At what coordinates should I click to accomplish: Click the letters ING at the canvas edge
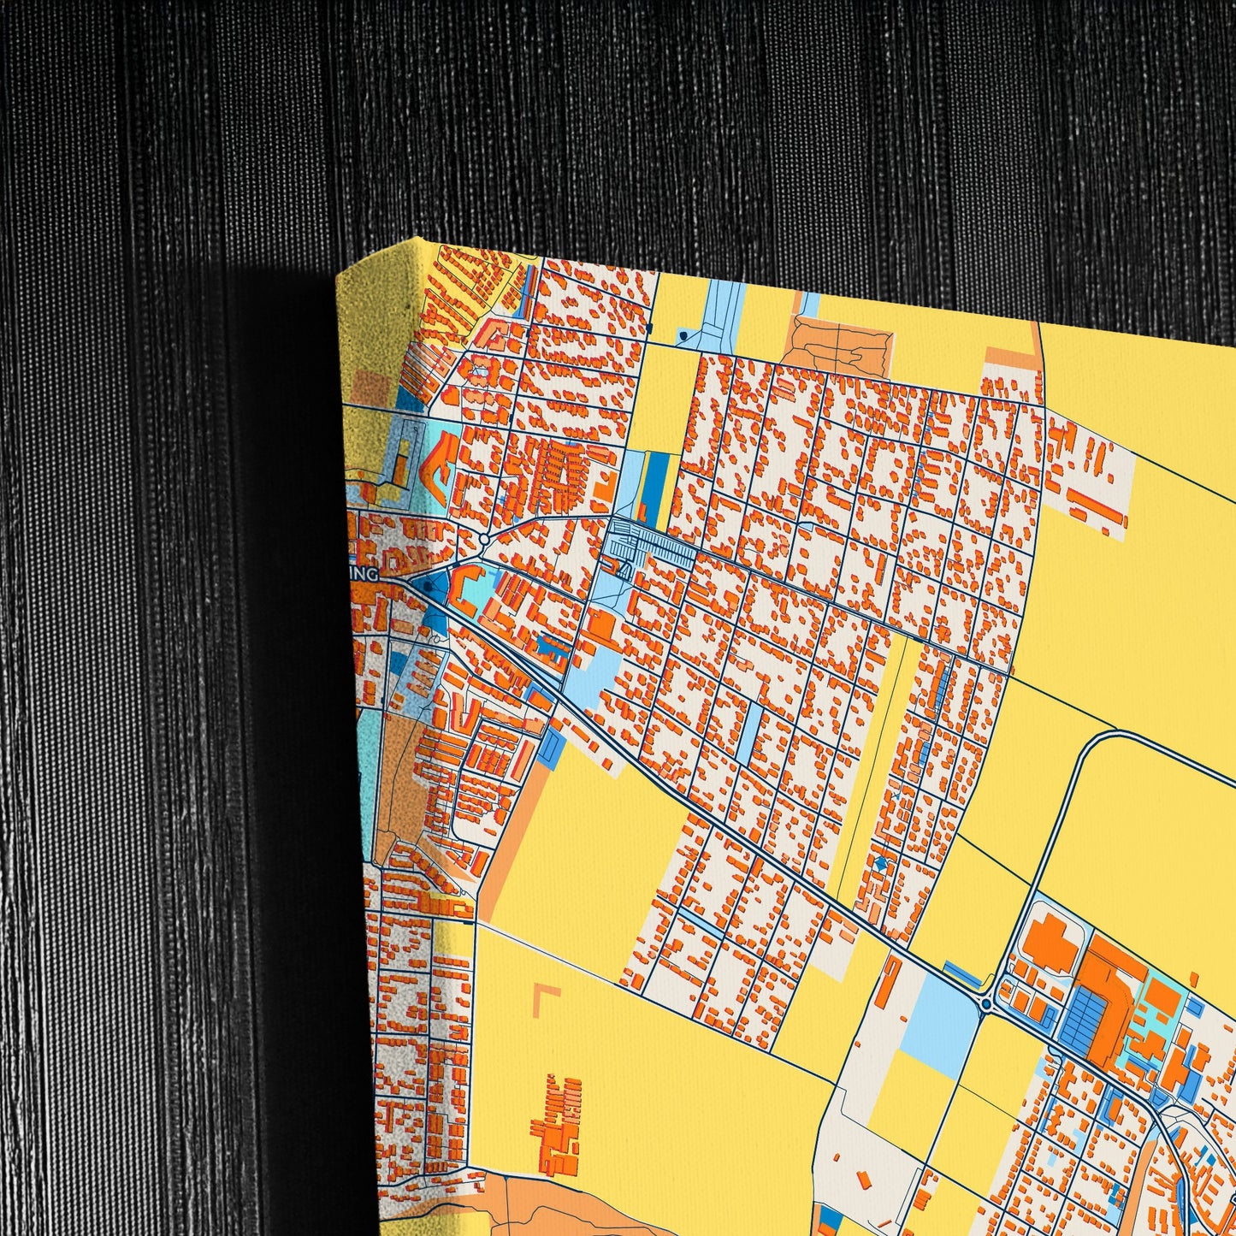click(366, 575)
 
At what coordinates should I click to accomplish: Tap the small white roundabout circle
click(484, 539)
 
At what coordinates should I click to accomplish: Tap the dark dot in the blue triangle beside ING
click(426, 586)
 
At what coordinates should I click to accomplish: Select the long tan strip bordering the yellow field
click(509, 822)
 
